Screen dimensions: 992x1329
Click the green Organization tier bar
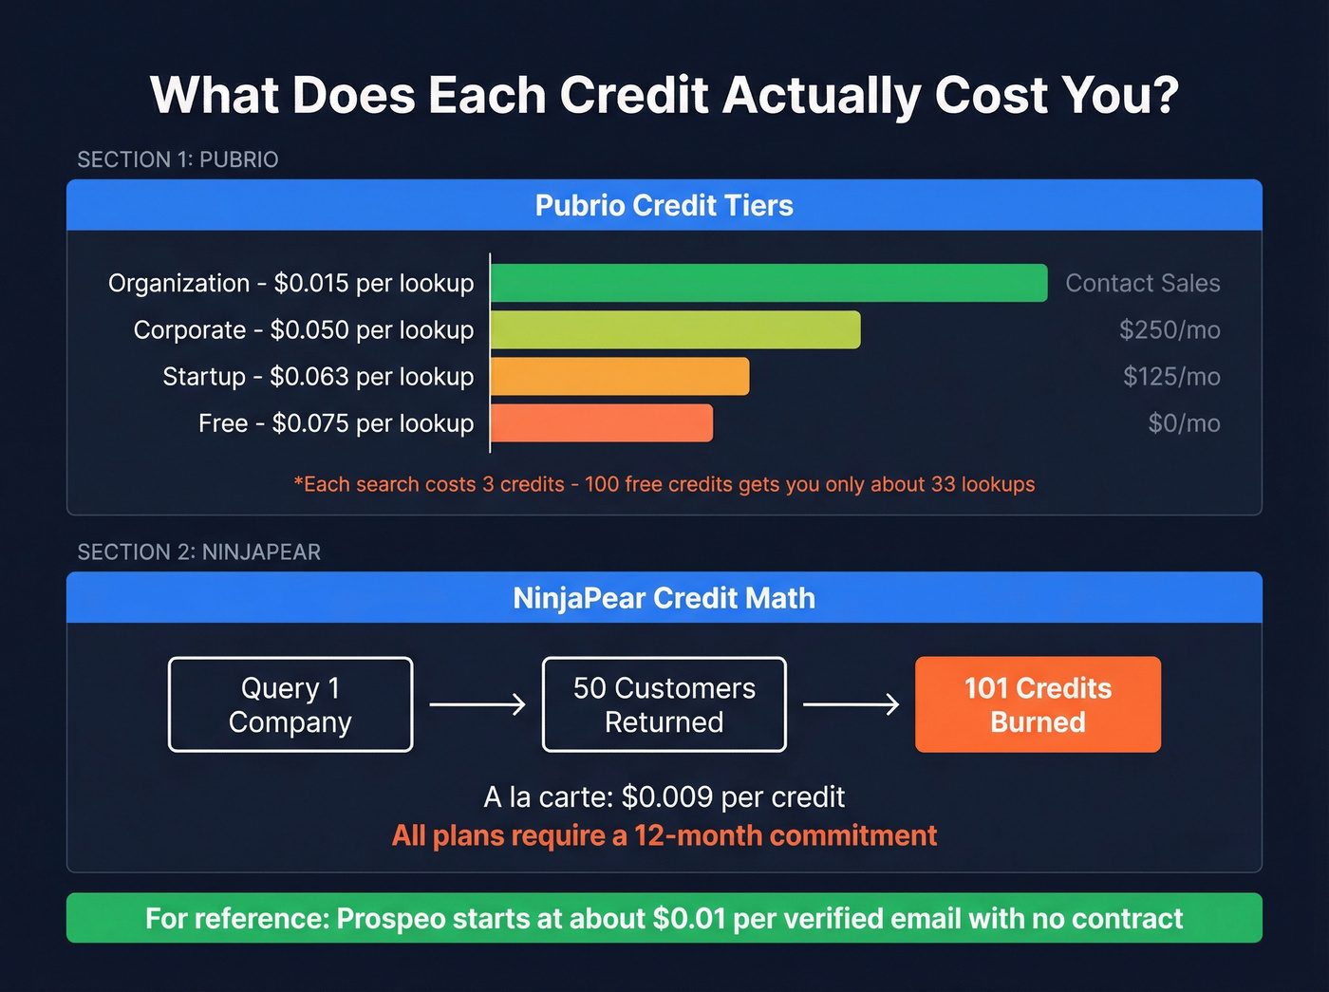click(768, 283)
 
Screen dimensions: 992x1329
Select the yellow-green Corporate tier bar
click(675, 329)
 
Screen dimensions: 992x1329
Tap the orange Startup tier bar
click(619, 376)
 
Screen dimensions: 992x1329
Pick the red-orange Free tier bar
click(601, 422)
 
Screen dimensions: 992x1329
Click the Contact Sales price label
click(1142, 283)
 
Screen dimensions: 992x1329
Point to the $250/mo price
click(1170, 329)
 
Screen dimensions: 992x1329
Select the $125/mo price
click(1171, 376)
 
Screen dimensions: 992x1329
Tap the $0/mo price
click(1184, 422)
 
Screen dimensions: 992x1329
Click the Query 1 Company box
click(290, 704)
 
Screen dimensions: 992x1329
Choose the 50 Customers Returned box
click(664, 704)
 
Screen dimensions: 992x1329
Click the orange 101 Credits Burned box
click(1038, 704)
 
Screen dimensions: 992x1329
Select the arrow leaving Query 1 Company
click(477, 704)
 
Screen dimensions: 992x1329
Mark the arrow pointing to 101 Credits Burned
click(851, 704)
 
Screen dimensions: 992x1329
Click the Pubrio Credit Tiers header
click(664, 205)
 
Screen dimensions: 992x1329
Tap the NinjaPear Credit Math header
click(664, 598)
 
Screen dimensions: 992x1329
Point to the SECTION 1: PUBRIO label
click(178, 159)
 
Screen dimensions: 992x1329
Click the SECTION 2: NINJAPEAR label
click(198, 552)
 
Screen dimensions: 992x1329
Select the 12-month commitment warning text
click(664, 835)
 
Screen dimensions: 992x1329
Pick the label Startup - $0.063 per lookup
click(318, 376)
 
